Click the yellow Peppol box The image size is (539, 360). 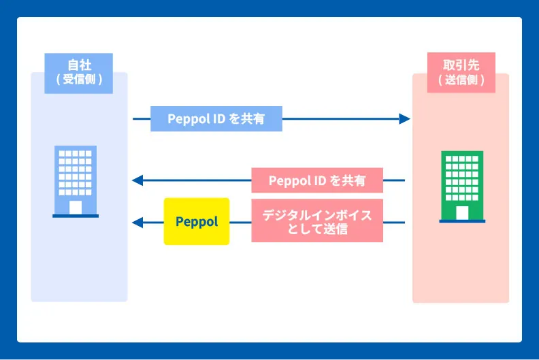[x=197, y=221]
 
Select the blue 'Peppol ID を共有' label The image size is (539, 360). [x=216, y=119]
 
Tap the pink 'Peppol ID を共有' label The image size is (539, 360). [x=317, y=181]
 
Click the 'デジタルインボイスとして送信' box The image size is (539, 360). [x=317, y=221]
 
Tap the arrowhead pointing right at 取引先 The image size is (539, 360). [x=405, y=119]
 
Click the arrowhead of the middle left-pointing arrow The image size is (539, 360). [x=137, y=181]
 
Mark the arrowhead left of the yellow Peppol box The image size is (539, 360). [x=137, y=222]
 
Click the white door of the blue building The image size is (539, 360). [x=76, y=207]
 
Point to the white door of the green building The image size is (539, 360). [x=462, y=212]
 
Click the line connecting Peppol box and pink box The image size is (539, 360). [x=240, y=222]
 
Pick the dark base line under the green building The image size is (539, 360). [x=462, y=221]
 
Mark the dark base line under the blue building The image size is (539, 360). [x=76, y=216]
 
